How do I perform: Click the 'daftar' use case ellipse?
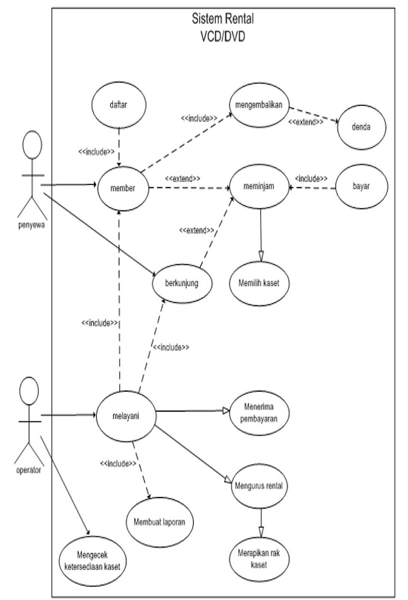point(119,105)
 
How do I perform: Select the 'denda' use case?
point(361,127)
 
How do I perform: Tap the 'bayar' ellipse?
point(361,186)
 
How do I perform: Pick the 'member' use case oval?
point(123,188)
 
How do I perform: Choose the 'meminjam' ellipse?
point(259,186)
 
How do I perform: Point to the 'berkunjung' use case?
point(182,283)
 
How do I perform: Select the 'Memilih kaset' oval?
point(259,283)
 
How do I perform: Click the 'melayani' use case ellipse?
point(126,416)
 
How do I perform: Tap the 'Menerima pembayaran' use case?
point(259,413)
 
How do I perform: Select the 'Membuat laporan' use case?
point(160,522)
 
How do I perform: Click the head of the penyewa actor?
point(33,146)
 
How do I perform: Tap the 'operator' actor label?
point(28,470)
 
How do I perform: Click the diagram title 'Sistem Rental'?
point(223,19)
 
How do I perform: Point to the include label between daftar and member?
point(96,152)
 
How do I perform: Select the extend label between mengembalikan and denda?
point(305,122)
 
